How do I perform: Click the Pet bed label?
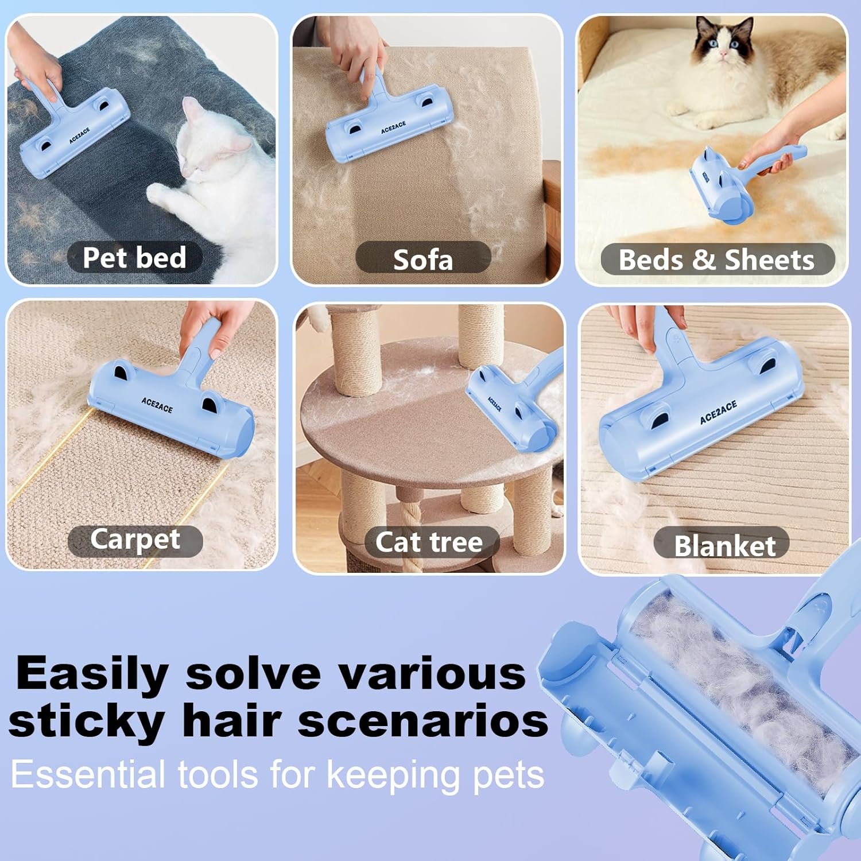tap(134, 257)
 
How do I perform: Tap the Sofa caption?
tap(423, 259)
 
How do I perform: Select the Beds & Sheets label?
tap(717, 259)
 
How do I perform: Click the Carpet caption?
tap(135, 540)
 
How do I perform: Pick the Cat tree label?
tap(429, 542)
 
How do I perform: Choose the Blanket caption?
tap(724, 545)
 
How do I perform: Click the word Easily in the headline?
tap(92, 674)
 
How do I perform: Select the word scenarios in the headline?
tap(423, 721)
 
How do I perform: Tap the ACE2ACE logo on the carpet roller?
tap(157, 405)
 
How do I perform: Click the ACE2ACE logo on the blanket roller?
tap(718, 413)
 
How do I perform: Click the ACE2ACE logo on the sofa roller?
tap(393, 127)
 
